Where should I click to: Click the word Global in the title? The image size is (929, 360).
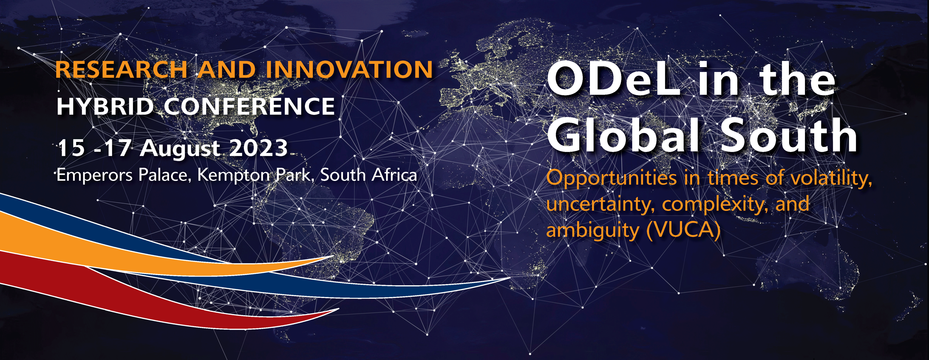pyautogui.click(x=624, y=135)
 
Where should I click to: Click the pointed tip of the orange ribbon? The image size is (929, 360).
pyautogui.click(x=333, y=256)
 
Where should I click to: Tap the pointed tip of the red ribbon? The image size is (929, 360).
pyautogui.click(x=338, y=309)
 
